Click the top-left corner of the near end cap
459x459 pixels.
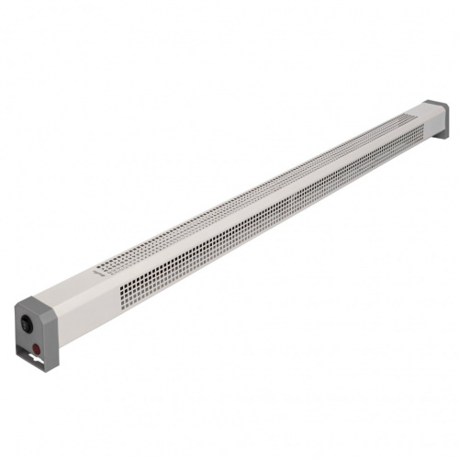[17, 308]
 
